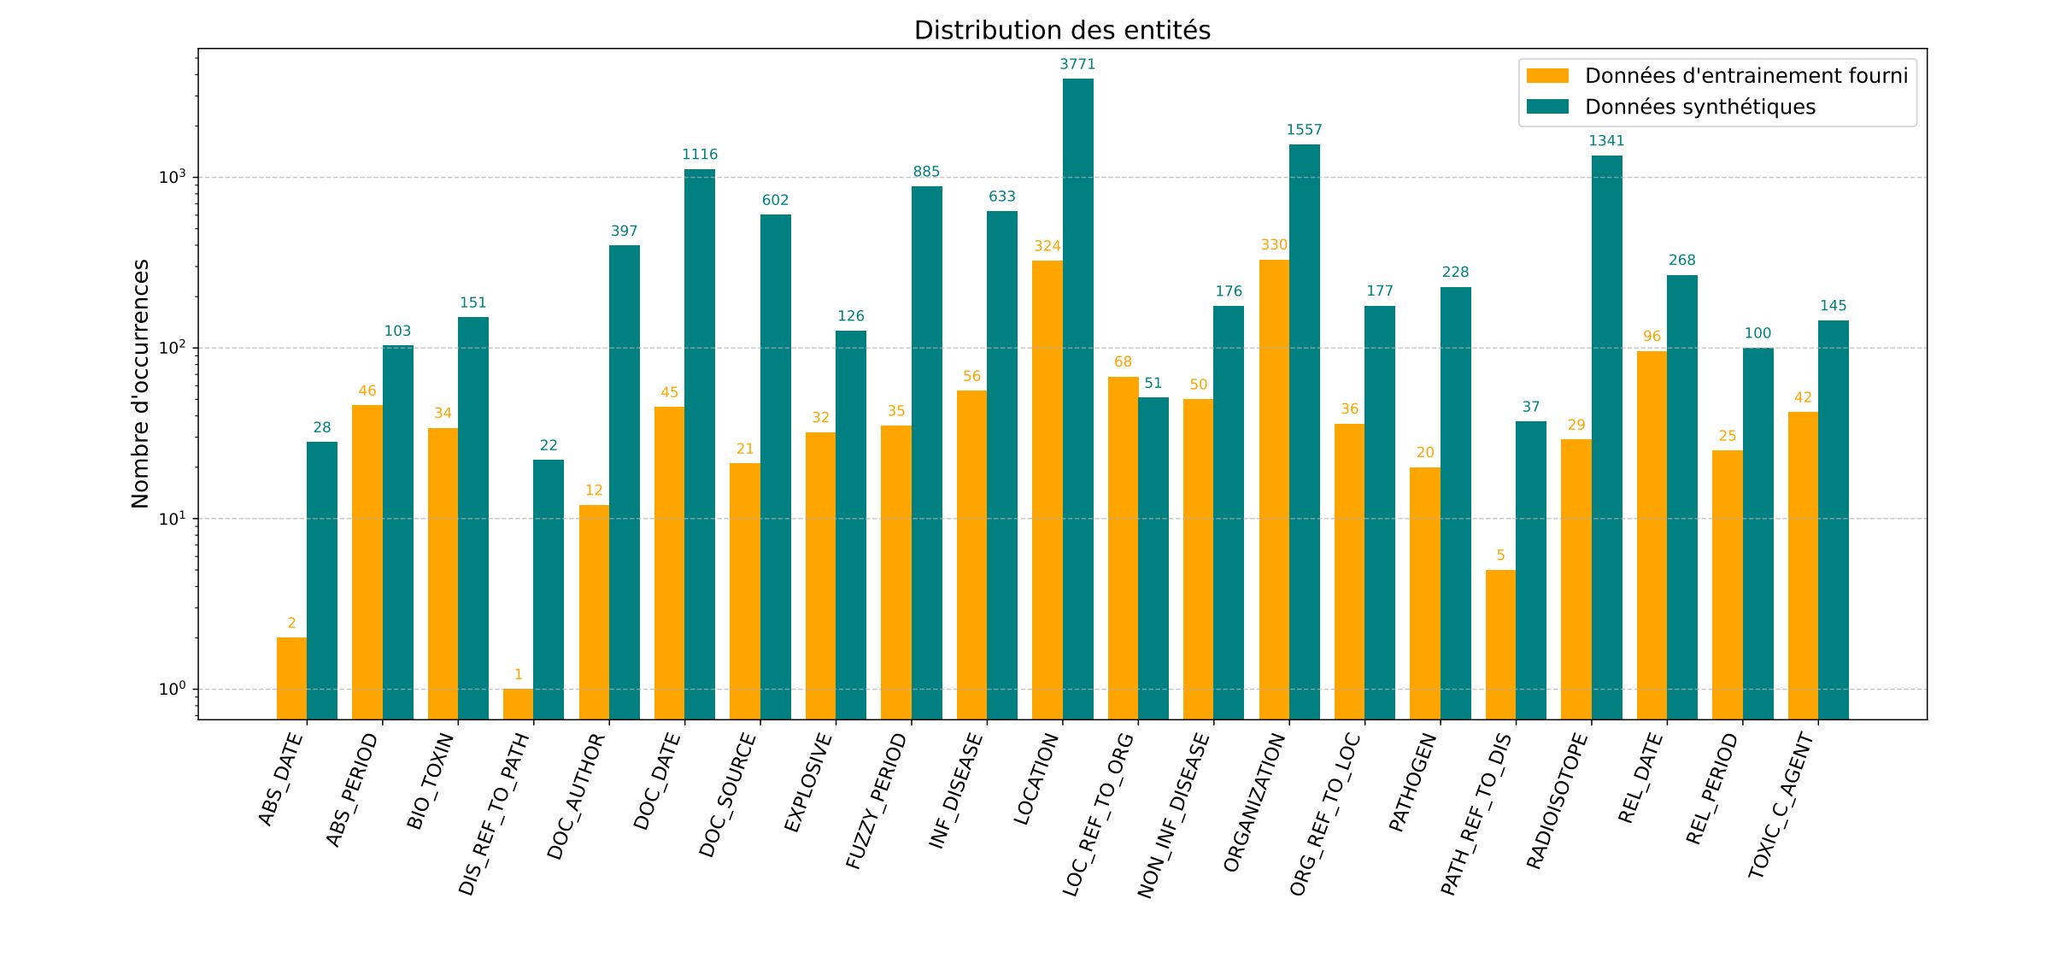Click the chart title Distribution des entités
tap(1062, 31)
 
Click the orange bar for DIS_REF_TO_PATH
tap(518, 704)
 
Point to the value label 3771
tap(1077, 65)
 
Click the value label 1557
tap(1304, 130)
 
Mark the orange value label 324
tap(1047, 246)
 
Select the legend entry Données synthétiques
tap(1699, 107)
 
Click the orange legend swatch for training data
tap(1547, 76)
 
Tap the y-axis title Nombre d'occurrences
tap(140, 384)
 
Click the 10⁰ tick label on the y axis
tap(172, 690)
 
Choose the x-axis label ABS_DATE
tap(281, 779)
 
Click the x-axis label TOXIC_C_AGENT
tap(1781, 806)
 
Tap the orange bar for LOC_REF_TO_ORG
tap(1123, 548)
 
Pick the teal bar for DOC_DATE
tap(699, 444)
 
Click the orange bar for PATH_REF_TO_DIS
tap(1500, 644)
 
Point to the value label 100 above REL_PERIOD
tap(1758, 333)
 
